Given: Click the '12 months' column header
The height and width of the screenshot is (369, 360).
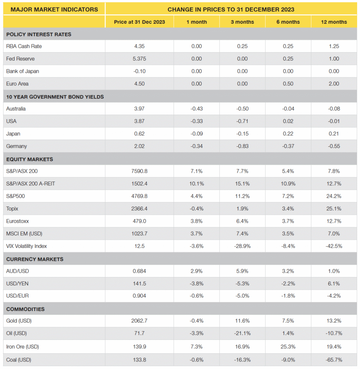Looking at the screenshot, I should point(334,22).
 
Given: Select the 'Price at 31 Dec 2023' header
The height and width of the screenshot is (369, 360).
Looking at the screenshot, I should point(139,22).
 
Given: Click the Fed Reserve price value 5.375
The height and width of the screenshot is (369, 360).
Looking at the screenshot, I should point(139,59).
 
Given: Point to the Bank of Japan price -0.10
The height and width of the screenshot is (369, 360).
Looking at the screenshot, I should point(139,71).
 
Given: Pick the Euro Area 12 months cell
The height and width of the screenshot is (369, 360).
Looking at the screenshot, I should point(334,84).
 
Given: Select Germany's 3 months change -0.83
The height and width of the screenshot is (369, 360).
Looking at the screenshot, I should point(243,146).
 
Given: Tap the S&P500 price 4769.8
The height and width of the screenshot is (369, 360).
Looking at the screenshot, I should point(139,196).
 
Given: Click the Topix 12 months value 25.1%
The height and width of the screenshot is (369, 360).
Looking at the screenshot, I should point(334,209).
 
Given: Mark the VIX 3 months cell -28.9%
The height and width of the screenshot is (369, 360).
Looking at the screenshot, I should point(243,246).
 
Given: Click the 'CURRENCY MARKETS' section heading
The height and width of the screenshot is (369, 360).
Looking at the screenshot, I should point(35,259).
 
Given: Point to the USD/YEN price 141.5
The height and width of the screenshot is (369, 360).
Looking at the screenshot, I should point(139,284).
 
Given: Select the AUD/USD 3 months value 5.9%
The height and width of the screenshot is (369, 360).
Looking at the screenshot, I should point(243,271).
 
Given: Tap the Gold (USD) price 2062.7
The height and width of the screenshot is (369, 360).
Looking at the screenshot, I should point(139,321).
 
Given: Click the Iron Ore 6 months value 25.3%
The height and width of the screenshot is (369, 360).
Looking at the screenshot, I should point(288,347).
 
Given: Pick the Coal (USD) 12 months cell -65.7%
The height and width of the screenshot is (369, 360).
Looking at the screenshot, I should point(334,360).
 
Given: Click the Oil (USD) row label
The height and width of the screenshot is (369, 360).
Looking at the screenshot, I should point(17,333).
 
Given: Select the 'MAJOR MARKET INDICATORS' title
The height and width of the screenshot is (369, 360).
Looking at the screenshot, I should point(54,9).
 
